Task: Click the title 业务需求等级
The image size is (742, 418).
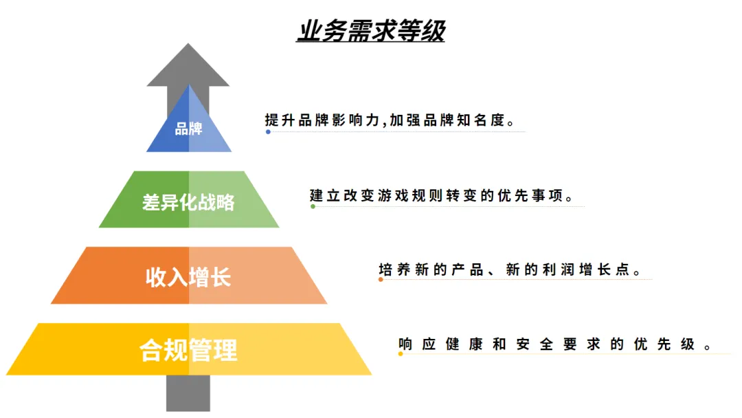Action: click(371, 31)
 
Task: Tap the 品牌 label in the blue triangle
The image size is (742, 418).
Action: click(188, 129)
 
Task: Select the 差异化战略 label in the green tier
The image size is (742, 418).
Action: click(188, 202)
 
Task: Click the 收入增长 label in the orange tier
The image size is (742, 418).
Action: click(188, 276)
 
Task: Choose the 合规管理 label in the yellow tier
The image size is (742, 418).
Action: click(188, 350)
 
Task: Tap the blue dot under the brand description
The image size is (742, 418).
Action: click(268, 131)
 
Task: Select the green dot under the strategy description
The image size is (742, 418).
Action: click(313, 206)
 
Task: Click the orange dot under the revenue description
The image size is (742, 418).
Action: click(381, 279)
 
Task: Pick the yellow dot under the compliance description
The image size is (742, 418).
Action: click(401, 354)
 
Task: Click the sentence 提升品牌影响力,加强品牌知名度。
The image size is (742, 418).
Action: click(390, 120)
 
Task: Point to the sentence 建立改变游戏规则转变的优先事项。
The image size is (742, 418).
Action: click(442, 195)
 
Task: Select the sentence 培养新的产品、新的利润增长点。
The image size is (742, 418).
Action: click(510, 269)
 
